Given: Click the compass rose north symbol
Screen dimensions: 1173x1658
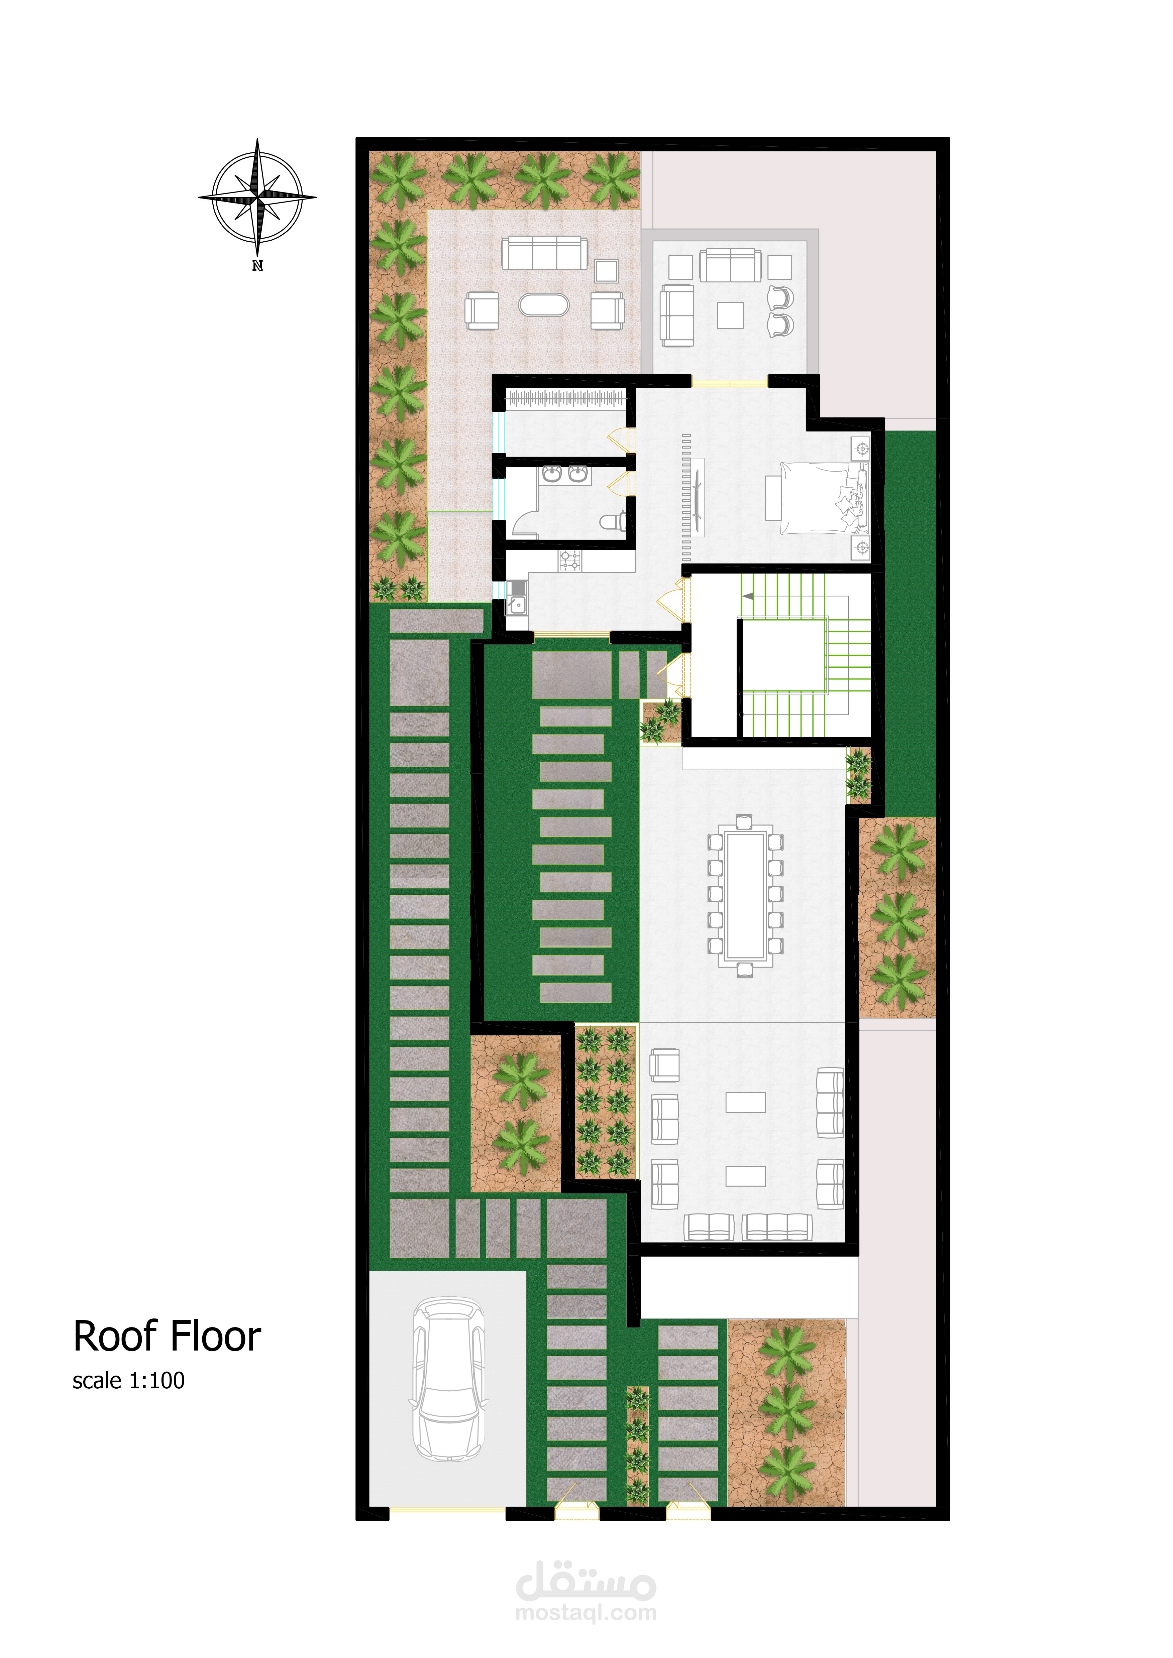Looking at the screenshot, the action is (257, 197).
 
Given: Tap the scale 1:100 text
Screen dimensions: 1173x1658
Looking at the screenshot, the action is (128, 1381).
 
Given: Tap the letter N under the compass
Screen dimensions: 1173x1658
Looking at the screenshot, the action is (257, 266).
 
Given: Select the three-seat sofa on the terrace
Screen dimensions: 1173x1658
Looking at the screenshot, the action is (545, 253).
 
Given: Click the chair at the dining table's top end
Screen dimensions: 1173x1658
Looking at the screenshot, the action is (745, 822).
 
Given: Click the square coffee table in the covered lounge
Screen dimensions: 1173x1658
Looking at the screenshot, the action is (730, 315).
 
